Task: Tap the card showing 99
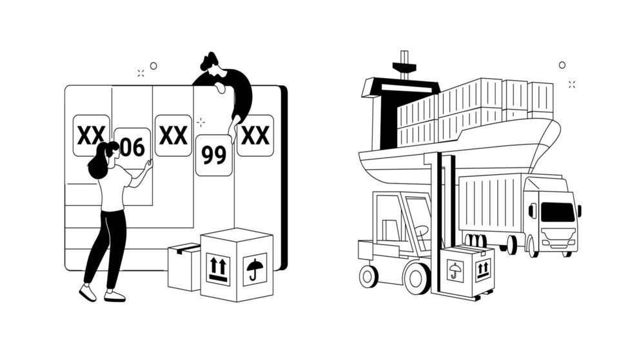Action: (214, 155)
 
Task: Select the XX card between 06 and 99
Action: (173, 135)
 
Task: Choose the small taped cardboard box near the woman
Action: (184, 267)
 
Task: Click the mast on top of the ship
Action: (404, 65)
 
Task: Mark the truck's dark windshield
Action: (558, 212)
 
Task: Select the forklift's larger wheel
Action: (417, 279)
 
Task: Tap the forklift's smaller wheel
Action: (368, 276)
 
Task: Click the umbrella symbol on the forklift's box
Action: (455, 272)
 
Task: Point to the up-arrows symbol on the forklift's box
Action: (482, 270)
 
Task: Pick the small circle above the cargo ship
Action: (562, 65)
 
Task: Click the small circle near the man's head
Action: (153, 66)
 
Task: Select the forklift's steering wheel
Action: (422, 231)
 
